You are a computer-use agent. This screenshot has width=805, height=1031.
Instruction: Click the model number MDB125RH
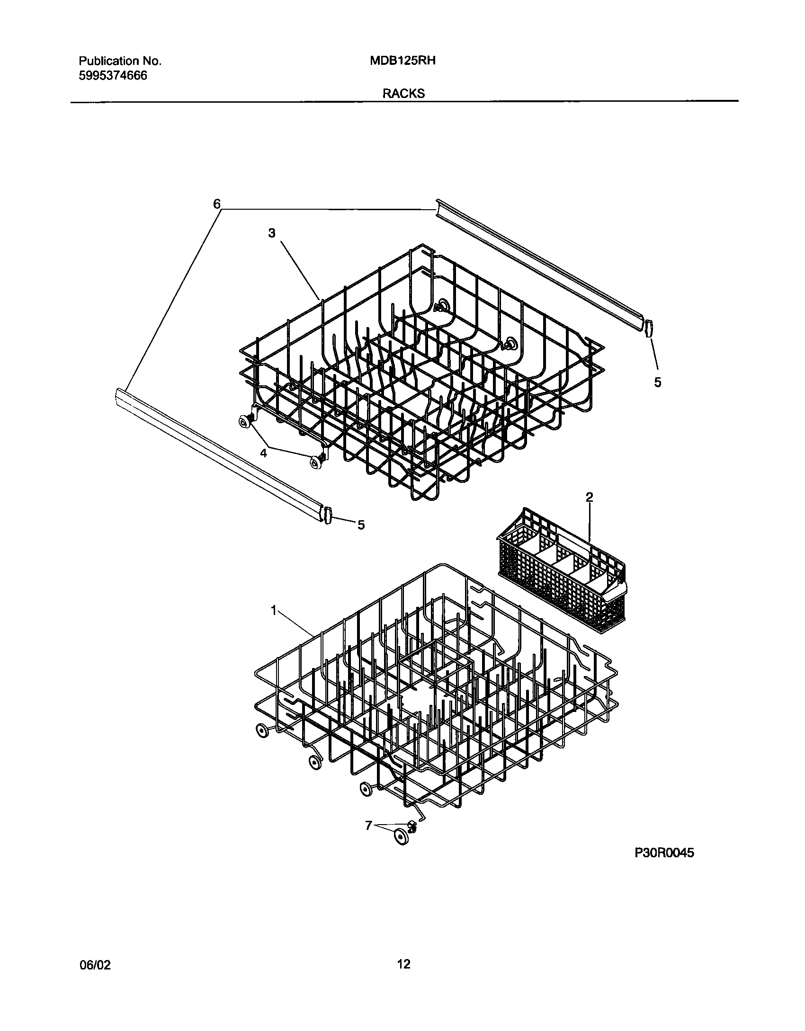[402, 61]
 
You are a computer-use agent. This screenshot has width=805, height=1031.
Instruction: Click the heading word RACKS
[403, 94]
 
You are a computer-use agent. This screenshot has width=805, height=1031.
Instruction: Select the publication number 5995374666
[113, 76]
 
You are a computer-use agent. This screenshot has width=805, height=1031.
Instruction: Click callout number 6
[216, 204]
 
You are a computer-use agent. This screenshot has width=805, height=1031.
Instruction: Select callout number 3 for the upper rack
[272, 233]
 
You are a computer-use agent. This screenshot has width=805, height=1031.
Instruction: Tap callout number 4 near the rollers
[263, 453]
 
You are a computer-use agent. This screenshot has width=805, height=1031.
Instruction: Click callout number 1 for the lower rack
[273, 611]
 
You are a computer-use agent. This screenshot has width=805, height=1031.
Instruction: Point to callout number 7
[368, 826]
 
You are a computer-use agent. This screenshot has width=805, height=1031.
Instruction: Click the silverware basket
[561, 582]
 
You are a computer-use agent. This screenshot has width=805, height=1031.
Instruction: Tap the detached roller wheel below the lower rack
[401, 837]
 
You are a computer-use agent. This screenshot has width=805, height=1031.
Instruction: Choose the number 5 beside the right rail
[657, 382]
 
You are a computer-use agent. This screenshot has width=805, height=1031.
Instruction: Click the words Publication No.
[120, 61]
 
